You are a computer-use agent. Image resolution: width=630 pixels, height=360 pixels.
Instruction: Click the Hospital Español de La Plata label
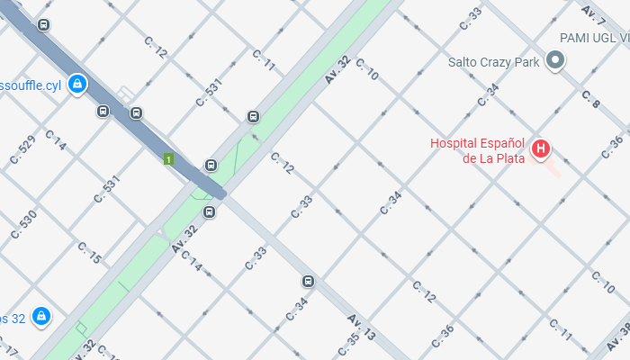(477, 150)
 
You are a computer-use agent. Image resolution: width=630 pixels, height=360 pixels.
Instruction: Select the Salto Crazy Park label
(493, 62)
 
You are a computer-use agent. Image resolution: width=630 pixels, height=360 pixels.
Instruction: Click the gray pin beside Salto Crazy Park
(556, 61)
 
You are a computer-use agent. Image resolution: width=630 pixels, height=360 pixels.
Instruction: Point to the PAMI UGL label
(595, 38)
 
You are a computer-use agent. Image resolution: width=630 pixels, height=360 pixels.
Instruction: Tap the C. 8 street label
(590, 99)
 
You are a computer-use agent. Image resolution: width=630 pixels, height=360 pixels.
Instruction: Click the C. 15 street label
(89, 253)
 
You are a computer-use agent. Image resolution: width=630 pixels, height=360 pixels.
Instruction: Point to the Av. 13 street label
(366, 329)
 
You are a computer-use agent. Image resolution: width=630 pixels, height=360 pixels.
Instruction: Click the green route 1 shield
(168, 159)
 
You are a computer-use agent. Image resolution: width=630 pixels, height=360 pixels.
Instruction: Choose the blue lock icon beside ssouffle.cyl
(77, 84)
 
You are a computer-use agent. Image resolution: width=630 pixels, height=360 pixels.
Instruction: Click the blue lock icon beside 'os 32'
(40, 317)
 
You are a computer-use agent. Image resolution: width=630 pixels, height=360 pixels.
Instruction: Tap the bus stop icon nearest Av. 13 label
(309, 282)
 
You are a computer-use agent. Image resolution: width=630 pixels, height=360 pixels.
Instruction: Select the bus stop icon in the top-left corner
(43, 24)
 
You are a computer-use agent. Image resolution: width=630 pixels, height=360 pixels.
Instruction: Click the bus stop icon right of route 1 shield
(211, 165)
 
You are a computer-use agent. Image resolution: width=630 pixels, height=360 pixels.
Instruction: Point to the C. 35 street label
(347, 343)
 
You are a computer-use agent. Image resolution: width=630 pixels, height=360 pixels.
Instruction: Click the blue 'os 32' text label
(12, 318)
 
